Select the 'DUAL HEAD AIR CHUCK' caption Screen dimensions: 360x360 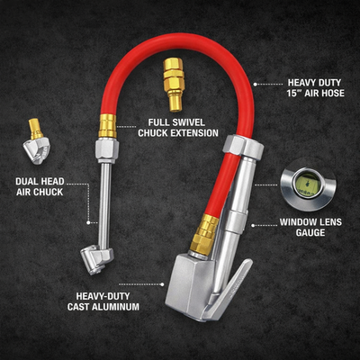(40, 189)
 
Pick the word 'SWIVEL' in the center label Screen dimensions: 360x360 (178, 122)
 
